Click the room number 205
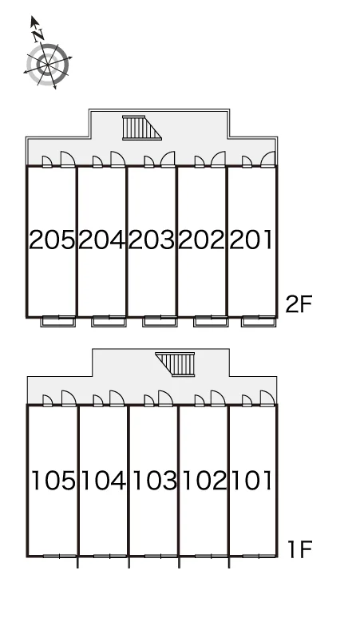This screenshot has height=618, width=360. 52,240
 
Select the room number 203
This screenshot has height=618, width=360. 151,240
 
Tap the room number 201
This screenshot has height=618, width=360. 251,240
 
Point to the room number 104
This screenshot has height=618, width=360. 104,481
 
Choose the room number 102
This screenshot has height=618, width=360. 205,481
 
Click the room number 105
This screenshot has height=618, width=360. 53,481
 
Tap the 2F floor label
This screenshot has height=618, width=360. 299,304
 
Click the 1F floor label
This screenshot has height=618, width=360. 300,549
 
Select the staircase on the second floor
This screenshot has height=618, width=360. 142,128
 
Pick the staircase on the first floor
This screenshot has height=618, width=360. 176,365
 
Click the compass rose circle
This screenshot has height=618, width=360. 48,64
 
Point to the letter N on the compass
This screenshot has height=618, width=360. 38,35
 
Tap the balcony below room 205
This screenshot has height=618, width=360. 58,321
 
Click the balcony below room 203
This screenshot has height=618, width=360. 160,321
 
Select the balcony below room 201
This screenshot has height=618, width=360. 259,321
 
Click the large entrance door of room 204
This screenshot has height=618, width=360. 118,159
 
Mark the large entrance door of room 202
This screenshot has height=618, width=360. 218,159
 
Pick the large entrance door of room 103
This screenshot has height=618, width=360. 165,398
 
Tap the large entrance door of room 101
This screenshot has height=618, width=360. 267,398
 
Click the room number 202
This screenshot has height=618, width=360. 201,240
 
